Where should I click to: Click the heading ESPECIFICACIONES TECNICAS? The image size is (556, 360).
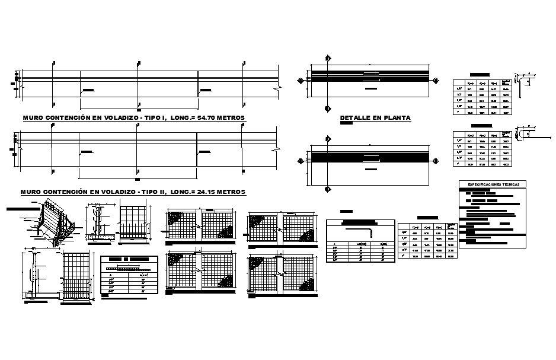493,184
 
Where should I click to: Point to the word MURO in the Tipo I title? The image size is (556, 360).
33,118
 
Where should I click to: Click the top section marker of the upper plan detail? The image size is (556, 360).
327,58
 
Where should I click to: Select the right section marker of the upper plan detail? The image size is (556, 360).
436,80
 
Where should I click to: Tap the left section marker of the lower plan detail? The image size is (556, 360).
301,161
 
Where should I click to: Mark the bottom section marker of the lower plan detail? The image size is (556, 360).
327,189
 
